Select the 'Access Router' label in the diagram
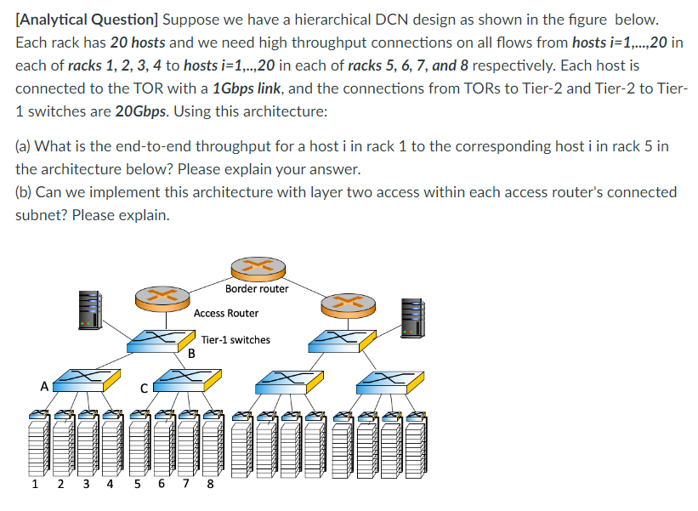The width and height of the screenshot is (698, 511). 226,313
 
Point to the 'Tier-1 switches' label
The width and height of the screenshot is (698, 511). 236,340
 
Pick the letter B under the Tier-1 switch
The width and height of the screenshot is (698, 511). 191,353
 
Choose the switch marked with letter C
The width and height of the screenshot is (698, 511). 184,380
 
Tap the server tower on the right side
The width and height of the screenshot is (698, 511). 412,315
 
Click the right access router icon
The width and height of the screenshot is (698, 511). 342,302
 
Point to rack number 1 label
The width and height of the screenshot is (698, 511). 34,486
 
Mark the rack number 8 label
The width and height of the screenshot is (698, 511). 210,486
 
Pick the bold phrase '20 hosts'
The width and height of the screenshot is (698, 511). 137,43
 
